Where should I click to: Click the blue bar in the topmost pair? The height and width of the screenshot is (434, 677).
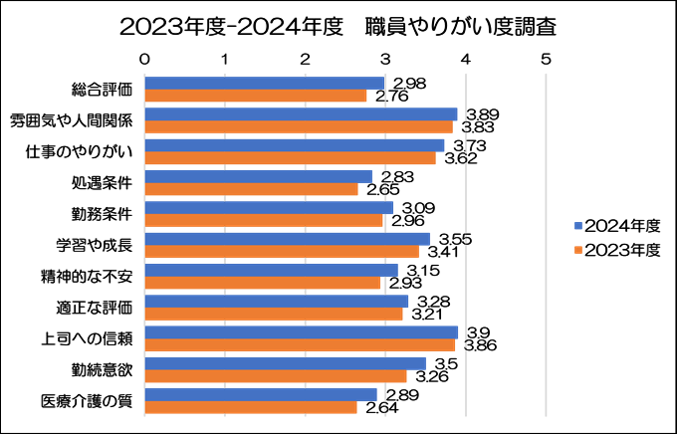pyautogui.click(x=264, y=84)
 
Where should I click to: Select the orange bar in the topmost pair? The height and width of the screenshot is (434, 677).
pyautogui.click(x=256, y=97)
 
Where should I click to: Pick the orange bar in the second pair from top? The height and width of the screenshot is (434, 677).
pyautogui.click(x=299, y=127)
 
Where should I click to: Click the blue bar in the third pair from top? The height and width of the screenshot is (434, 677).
pyautogui.click(x=295, y=145)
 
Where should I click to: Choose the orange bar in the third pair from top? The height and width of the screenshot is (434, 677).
pyautogui.click(x=290, y=158)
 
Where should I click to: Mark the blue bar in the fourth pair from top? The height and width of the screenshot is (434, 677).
pyautogui.click(x=259, y=176)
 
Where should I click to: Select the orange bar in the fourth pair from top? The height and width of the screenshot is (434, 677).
pyautogui.click(x=251, y=189)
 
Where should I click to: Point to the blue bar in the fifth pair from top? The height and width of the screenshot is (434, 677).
pyautogui.click(x=269, y=208)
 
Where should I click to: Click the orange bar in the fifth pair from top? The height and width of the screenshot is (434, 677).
pyautogui.click(x=264, y=221)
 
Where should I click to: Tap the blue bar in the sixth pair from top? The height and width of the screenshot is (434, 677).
pyautogui.click(x=288, y=239)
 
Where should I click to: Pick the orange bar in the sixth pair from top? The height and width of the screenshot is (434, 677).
pyautogui.click(x=282, y=252)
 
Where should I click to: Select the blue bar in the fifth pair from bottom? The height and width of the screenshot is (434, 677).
pyautogui.click(x=271, y=270)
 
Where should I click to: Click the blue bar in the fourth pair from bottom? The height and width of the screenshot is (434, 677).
pyautogui.click(x=277, y=302)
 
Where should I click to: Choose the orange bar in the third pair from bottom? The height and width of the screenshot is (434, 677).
pyautogui.click(x=300, y=345)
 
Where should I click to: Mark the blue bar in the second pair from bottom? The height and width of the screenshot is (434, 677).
pyautogui.click(x=286, y=363)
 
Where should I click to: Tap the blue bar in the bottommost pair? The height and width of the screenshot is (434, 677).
pyautogui.click(x=261, y=395)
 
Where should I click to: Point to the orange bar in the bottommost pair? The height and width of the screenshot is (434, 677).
pyautogui.click(x=251, y=408)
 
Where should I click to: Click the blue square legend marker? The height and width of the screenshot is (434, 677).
pyautogui.click(x=578, y=226)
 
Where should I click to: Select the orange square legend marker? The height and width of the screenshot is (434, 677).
pyautogui.click(x=578, y=250)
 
